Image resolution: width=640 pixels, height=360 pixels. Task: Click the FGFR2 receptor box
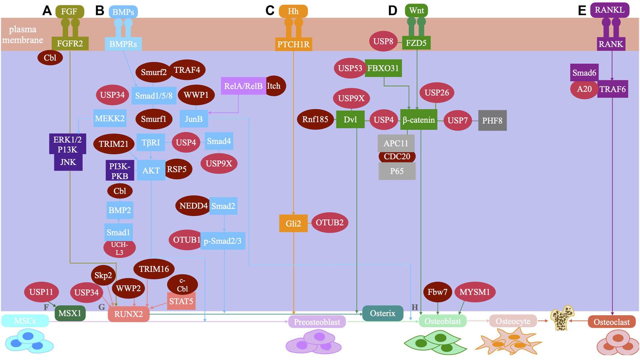pos(70,43)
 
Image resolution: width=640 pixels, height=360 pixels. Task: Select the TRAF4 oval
pos(187,70)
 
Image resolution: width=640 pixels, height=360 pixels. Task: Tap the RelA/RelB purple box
pos(243,86)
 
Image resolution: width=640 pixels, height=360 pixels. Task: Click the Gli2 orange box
pos(293,224)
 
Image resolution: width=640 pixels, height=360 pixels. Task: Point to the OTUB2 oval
pos(329,222)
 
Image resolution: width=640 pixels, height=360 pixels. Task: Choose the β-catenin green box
pos(419,120)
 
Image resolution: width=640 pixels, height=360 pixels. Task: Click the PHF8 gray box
pos(492,120)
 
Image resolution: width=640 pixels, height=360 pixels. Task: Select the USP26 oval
pos(437,93)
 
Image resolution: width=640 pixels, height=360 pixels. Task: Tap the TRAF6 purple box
pos(613,89)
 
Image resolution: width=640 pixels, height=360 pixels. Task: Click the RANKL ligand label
pos(610,10)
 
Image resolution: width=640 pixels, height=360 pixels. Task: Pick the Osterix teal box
pos(382,313)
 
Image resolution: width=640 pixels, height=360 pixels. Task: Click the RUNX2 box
pos(129,314)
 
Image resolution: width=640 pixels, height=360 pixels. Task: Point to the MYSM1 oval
pos(475,292)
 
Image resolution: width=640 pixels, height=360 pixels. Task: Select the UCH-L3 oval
pos(120,248)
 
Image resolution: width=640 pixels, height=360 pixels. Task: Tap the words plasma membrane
pos(22,34)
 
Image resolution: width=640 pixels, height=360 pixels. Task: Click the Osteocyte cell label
pos(513,321)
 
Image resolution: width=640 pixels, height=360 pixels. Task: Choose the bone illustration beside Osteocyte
pos(562,317)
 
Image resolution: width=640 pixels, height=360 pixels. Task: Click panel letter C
pos(270,11)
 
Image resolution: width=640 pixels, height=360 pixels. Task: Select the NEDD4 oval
pos(193,206)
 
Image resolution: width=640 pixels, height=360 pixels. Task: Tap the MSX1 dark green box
pos(70,313)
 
